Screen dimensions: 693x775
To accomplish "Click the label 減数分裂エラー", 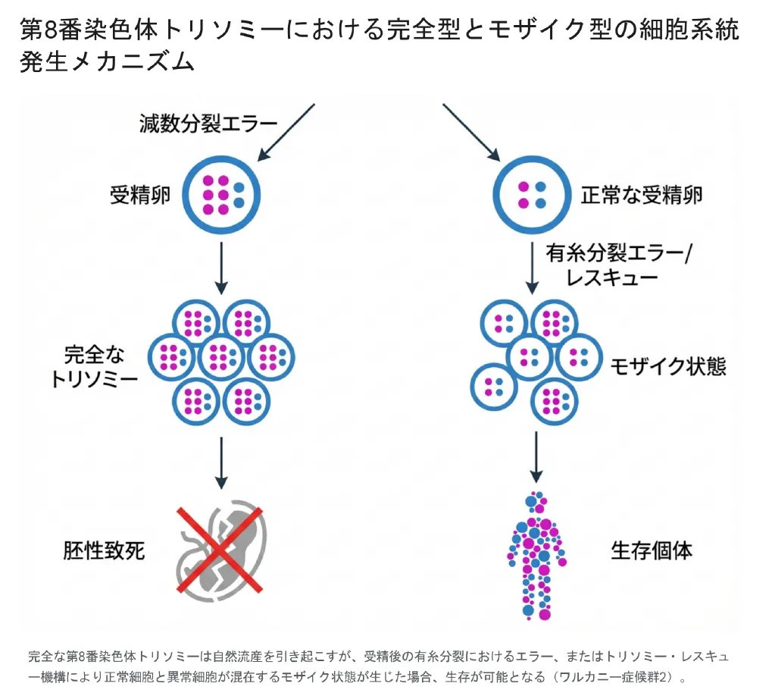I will [208, 123].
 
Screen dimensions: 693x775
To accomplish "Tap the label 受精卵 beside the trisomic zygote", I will [140, 196].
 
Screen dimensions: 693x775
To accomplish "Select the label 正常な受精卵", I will [642, 196].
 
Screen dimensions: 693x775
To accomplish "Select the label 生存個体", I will [652, 550].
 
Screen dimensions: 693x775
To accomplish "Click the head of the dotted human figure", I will [536, 501].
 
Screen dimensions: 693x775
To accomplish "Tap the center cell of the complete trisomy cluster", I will [222, 356].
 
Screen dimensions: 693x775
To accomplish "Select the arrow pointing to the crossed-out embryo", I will [220, 461].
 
